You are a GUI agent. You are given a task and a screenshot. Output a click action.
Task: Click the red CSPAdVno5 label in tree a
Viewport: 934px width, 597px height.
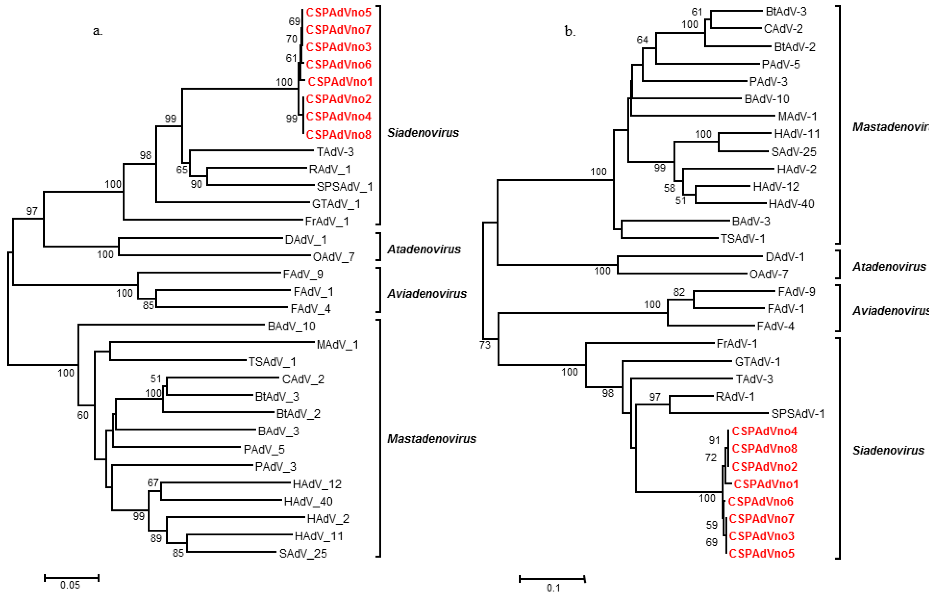click(338, 12)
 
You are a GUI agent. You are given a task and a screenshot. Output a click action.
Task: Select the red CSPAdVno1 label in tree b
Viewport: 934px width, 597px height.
click(766, 484)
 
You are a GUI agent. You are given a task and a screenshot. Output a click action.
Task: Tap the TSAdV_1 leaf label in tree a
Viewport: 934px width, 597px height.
click(272, 362)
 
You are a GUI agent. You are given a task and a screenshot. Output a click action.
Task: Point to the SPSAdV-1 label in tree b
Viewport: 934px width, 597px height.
click(798, 414)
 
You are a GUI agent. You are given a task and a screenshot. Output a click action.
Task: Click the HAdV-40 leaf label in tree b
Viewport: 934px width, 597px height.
click(791, 204)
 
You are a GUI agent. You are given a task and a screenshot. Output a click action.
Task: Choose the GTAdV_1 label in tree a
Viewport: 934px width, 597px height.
click(336, 204)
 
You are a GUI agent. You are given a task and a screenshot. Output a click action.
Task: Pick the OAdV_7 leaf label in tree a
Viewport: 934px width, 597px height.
click(334, 257)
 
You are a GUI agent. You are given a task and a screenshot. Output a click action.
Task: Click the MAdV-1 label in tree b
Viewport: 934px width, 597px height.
click(797, 117)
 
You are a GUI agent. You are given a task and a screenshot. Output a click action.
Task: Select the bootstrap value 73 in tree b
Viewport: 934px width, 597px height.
click(485, 345)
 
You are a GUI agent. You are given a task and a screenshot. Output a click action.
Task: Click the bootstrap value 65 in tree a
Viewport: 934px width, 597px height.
click(182, 170)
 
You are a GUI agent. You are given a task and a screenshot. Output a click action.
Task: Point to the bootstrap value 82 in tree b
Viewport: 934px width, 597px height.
click(679, 292)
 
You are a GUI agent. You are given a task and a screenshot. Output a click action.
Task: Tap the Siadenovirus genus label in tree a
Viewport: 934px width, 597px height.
click(423, 133)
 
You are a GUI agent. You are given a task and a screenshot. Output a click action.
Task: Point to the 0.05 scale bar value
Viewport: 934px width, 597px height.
click(70, 585)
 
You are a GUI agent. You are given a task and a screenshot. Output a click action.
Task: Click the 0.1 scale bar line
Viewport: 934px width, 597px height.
click(552, 579)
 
